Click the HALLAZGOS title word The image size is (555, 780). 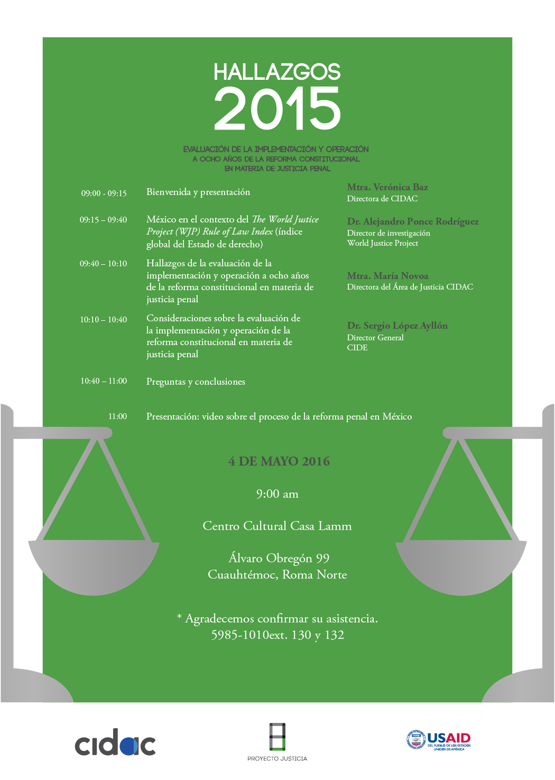point(277,72)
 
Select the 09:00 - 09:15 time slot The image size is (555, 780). point(104,193)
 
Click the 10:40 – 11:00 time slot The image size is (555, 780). point(104,381)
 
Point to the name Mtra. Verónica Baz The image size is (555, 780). point(387,187)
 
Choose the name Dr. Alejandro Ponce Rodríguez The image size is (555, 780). point(413,221)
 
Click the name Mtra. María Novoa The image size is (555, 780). point(387,276)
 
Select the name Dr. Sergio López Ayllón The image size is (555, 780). point(397,326)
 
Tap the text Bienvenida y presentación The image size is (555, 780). point(198,192)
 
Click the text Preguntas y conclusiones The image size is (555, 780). point(196,382)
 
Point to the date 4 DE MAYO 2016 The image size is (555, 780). point(279,461)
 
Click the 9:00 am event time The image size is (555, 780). point(277,494)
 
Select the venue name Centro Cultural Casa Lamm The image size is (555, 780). point(277,526)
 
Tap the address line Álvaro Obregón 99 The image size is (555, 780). point(279,558)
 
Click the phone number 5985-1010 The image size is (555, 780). point(240,635)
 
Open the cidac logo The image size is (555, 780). point(115,744)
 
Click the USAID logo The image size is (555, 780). point(438,740)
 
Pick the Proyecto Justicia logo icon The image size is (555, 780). point(277,737)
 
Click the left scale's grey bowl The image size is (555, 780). point(94,565)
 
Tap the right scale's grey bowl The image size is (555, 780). point(461,565)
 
